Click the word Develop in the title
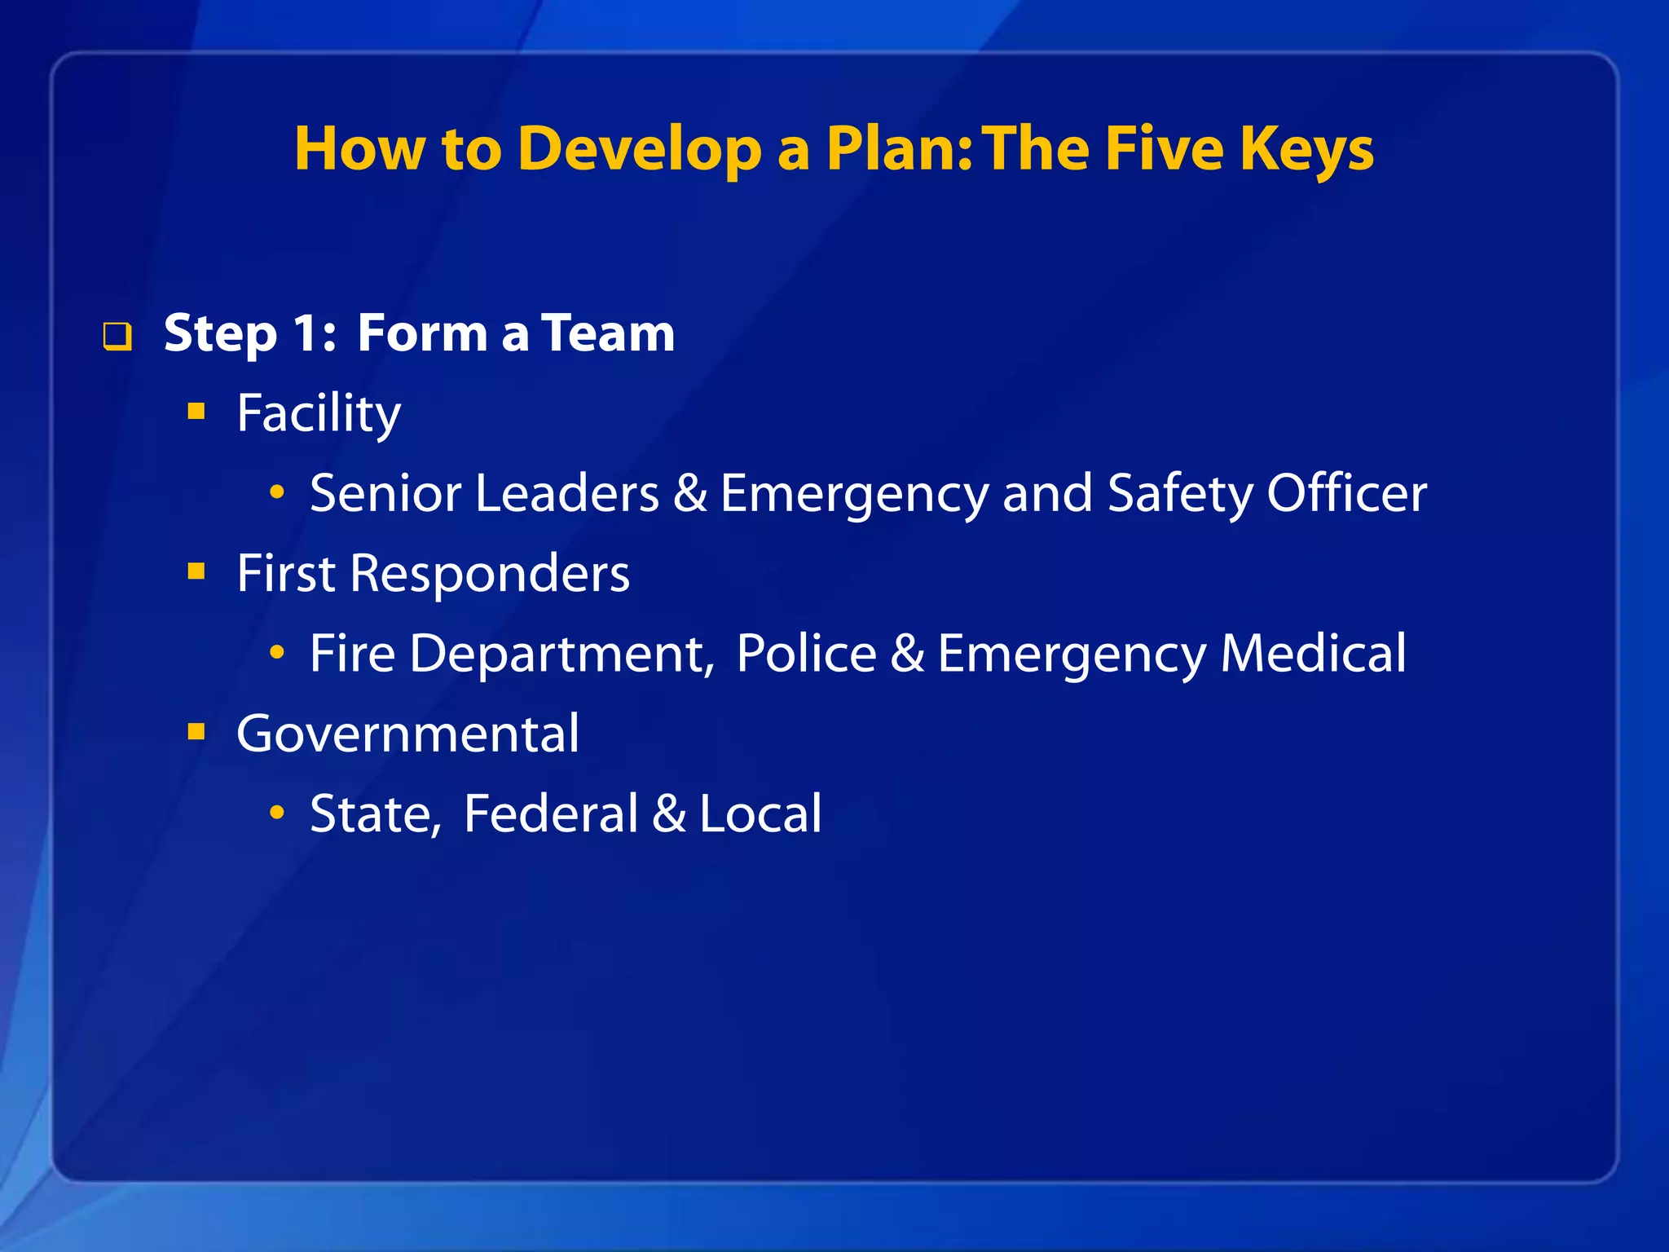(x=639, y=149)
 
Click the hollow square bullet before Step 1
(x=117, y=336)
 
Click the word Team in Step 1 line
(x=608, y=333)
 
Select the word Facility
(x=319, y=413)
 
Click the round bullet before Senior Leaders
(x=278, y=492)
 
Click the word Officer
(x=1346, y=493)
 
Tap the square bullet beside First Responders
(x=196, y=571)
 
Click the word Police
(x=806, y=653)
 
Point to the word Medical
(x=1313, y=653)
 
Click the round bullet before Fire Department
(x=278, y=651)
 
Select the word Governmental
(x=407, y=734)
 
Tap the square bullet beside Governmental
(x=196, y=731)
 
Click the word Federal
(x=551, y=813)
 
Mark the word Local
(x=760, y=813)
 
